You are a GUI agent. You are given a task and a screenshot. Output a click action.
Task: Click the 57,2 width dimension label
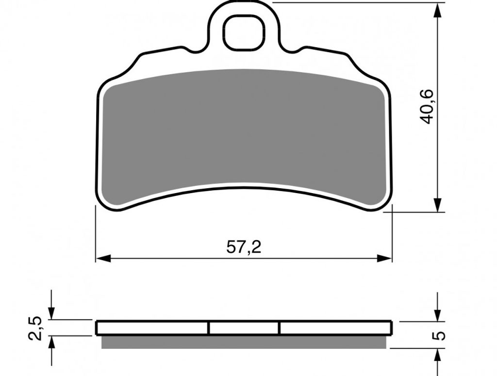[244, 247]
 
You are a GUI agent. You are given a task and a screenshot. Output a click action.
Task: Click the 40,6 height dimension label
[425, 107]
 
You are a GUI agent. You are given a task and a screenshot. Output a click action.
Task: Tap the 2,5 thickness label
[35, 328]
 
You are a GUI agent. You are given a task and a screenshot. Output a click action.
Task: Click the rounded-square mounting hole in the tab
[244, 33]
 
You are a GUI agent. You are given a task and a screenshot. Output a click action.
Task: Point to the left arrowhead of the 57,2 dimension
[103, 258]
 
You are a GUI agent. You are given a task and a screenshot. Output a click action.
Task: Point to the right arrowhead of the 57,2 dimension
[384, 258]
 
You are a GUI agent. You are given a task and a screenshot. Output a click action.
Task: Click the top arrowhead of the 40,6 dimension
[438, 11]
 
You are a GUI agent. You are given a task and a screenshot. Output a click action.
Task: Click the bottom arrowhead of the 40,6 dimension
[438, 205]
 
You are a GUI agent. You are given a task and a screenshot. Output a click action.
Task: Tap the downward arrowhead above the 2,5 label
[51, 312]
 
